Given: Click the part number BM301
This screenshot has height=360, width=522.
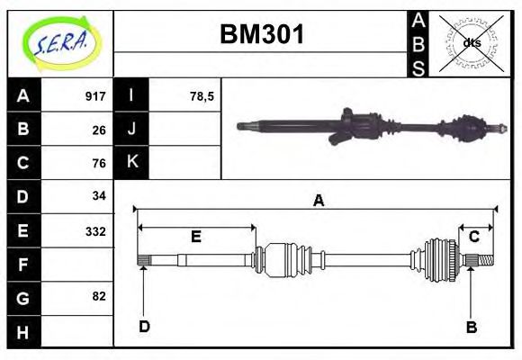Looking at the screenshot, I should coord(262,35).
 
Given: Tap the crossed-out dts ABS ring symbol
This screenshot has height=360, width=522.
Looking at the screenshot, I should coord(471,43).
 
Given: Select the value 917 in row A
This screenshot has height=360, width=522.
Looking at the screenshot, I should coord(95,96).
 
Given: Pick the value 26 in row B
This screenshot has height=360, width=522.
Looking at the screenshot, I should coord(99,130).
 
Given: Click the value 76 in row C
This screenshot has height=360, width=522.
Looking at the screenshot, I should coord(99,163).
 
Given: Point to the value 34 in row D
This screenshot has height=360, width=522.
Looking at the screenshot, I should coord(99,195).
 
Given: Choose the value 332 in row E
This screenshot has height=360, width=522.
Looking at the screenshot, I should coord(95,230).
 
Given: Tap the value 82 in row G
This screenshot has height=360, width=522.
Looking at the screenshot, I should coord(99,296).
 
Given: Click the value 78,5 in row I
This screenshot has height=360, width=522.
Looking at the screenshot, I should coord(202,96).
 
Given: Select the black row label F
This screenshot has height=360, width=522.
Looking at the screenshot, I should coord(23,265).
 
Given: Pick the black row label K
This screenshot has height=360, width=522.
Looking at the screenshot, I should coord(131,162).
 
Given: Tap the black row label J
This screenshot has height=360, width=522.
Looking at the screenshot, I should coord(131,130).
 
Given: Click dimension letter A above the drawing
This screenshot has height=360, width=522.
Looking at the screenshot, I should coord(317,201).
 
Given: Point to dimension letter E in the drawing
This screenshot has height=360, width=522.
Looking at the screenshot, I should coord(194,237).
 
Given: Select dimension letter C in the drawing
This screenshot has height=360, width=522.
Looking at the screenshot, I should coord(473,237).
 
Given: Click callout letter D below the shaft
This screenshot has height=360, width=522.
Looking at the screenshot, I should coord(144,326).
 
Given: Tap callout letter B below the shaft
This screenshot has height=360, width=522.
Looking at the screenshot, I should coord(471,327).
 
